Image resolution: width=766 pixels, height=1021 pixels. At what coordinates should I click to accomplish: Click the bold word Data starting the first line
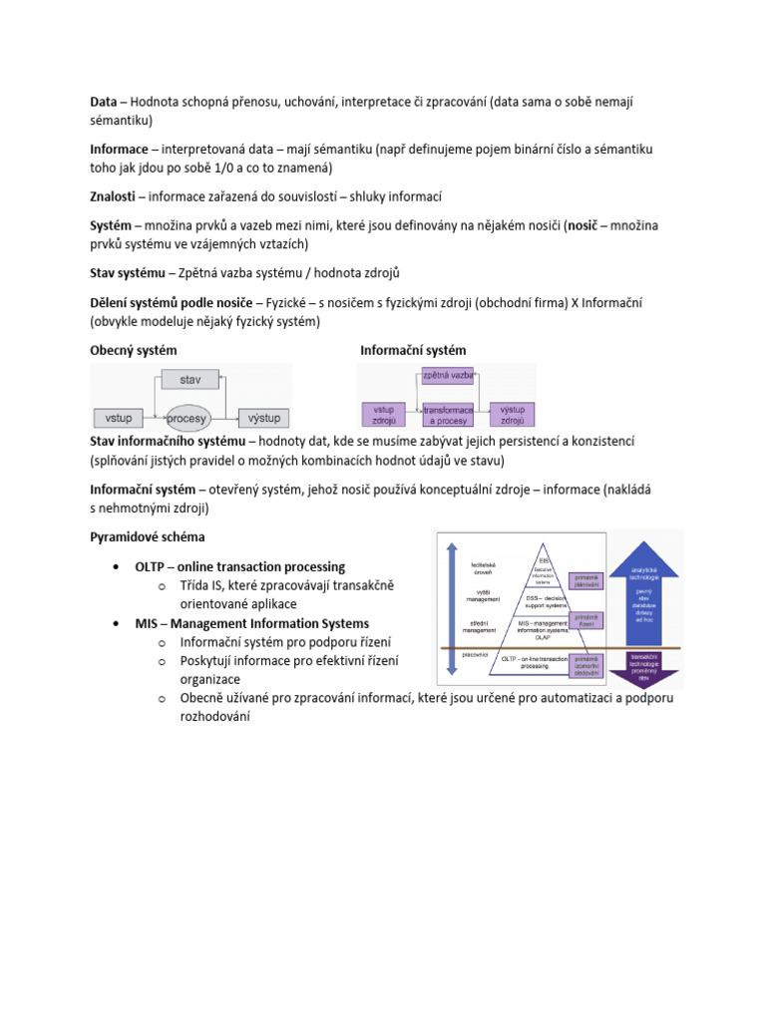tap(104, 101)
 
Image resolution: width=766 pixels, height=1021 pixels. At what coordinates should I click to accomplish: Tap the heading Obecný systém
tap(134, 350)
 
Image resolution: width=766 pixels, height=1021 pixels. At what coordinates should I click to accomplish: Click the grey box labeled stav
tap(191, 380)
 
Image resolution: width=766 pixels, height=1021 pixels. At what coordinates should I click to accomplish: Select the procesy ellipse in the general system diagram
tap(187, 418)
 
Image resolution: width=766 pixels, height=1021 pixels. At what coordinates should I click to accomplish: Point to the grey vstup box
tap(119, 417)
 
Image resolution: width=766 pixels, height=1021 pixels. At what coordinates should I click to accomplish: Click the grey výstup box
tap(263, 417)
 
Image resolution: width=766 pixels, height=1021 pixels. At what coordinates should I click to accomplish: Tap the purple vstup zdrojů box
tap(383, 415)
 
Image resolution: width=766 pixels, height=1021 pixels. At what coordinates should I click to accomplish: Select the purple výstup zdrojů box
tap(512, 415)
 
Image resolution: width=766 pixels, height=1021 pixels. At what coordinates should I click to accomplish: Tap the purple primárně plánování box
tap(585, 580)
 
